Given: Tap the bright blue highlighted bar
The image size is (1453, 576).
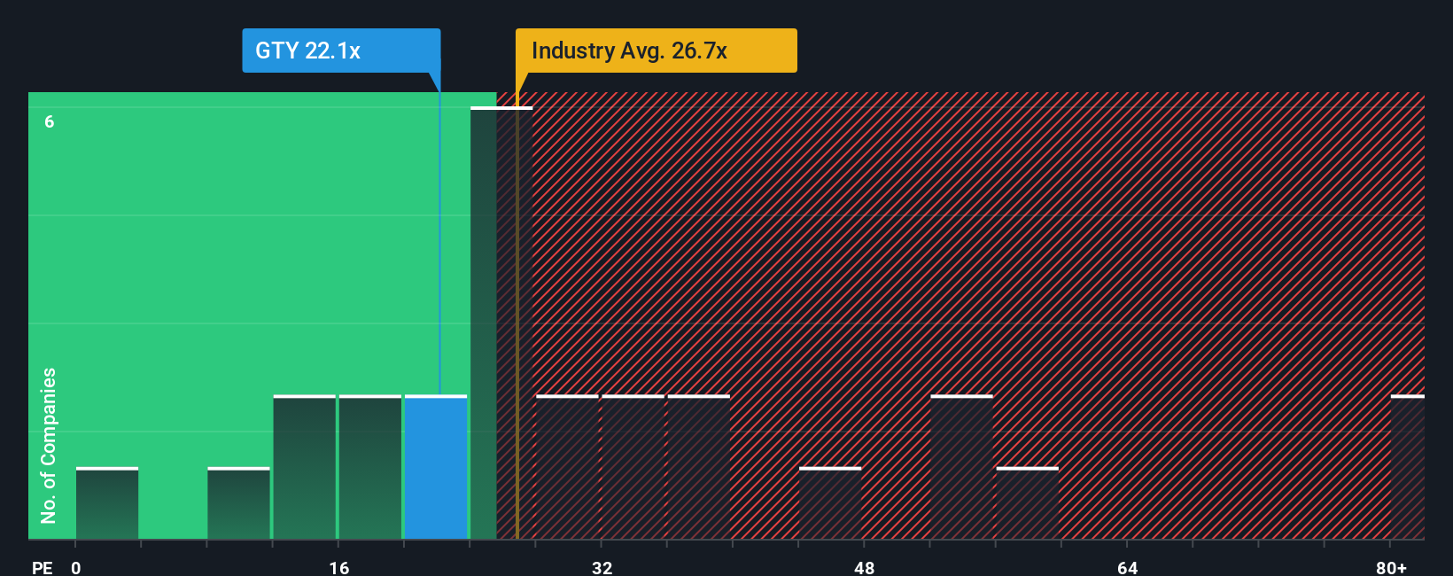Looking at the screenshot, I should tap(436, 467).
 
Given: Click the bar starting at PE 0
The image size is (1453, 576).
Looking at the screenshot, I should tap(107, 503).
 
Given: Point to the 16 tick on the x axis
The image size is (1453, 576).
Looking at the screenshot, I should tap(339, 567).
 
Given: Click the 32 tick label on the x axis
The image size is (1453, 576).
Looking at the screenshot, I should tap(602, 567).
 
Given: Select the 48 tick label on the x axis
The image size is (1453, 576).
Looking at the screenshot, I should tap(865, 567).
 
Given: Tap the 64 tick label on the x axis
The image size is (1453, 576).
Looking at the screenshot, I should tap(1127, 567).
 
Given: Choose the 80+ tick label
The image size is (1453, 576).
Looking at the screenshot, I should tap(1391, 567).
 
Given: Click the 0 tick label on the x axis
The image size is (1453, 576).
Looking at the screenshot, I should tap(76, 567).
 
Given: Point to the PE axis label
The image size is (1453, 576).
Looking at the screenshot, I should tap(42, 567).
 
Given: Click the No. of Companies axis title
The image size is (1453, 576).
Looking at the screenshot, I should tap(49, 445).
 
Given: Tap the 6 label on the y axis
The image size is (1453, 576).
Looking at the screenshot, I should tap(50, 121).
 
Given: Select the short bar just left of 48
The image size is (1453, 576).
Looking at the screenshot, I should tap(830, 503).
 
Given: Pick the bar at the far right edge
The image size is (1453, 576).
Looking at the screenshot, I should tap(1408, 467).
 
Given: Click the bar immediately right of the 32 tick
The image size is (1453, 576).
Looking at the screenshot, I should tap(633, 467).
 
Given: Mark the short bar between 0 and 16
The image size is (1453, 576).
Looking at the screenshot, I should tap(238, 503).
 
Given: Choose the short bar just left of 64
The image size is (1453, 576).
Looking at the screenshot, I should tap(1028, 503).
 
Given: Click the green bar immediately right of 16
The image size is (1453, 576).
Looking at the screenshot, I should tap(370, 467).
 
